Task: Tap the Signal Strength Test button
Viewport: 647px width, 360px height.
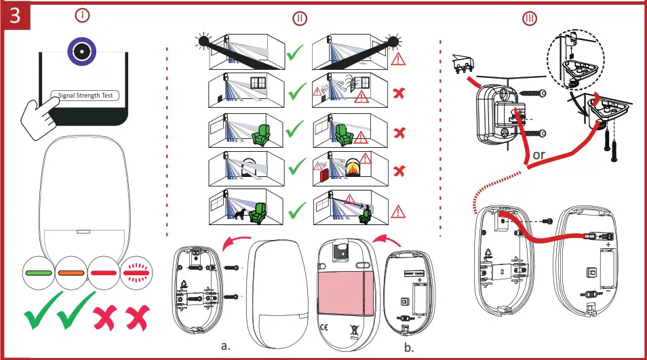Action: click(x=85, y=96)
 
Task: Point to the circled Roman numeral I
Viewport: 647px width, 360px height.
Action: click(x=82, y=14)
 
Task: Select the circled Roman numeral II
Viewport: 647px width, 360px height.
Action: click(x=299, y=18)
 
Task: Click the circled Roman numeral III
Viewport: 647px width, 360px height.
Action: click(x=529, y=18)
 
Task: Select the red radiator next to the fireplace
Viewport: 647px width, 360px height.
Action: click(x=323, y=175)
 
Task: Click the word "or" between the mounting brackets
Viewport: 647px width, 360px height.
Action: click(x=539, y=155)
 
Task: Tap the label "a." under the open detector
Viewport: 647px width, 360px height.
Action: click(x=227, y=345)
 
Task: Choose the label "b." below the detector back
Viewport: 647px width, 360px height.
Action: click(x=409, y=348)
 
